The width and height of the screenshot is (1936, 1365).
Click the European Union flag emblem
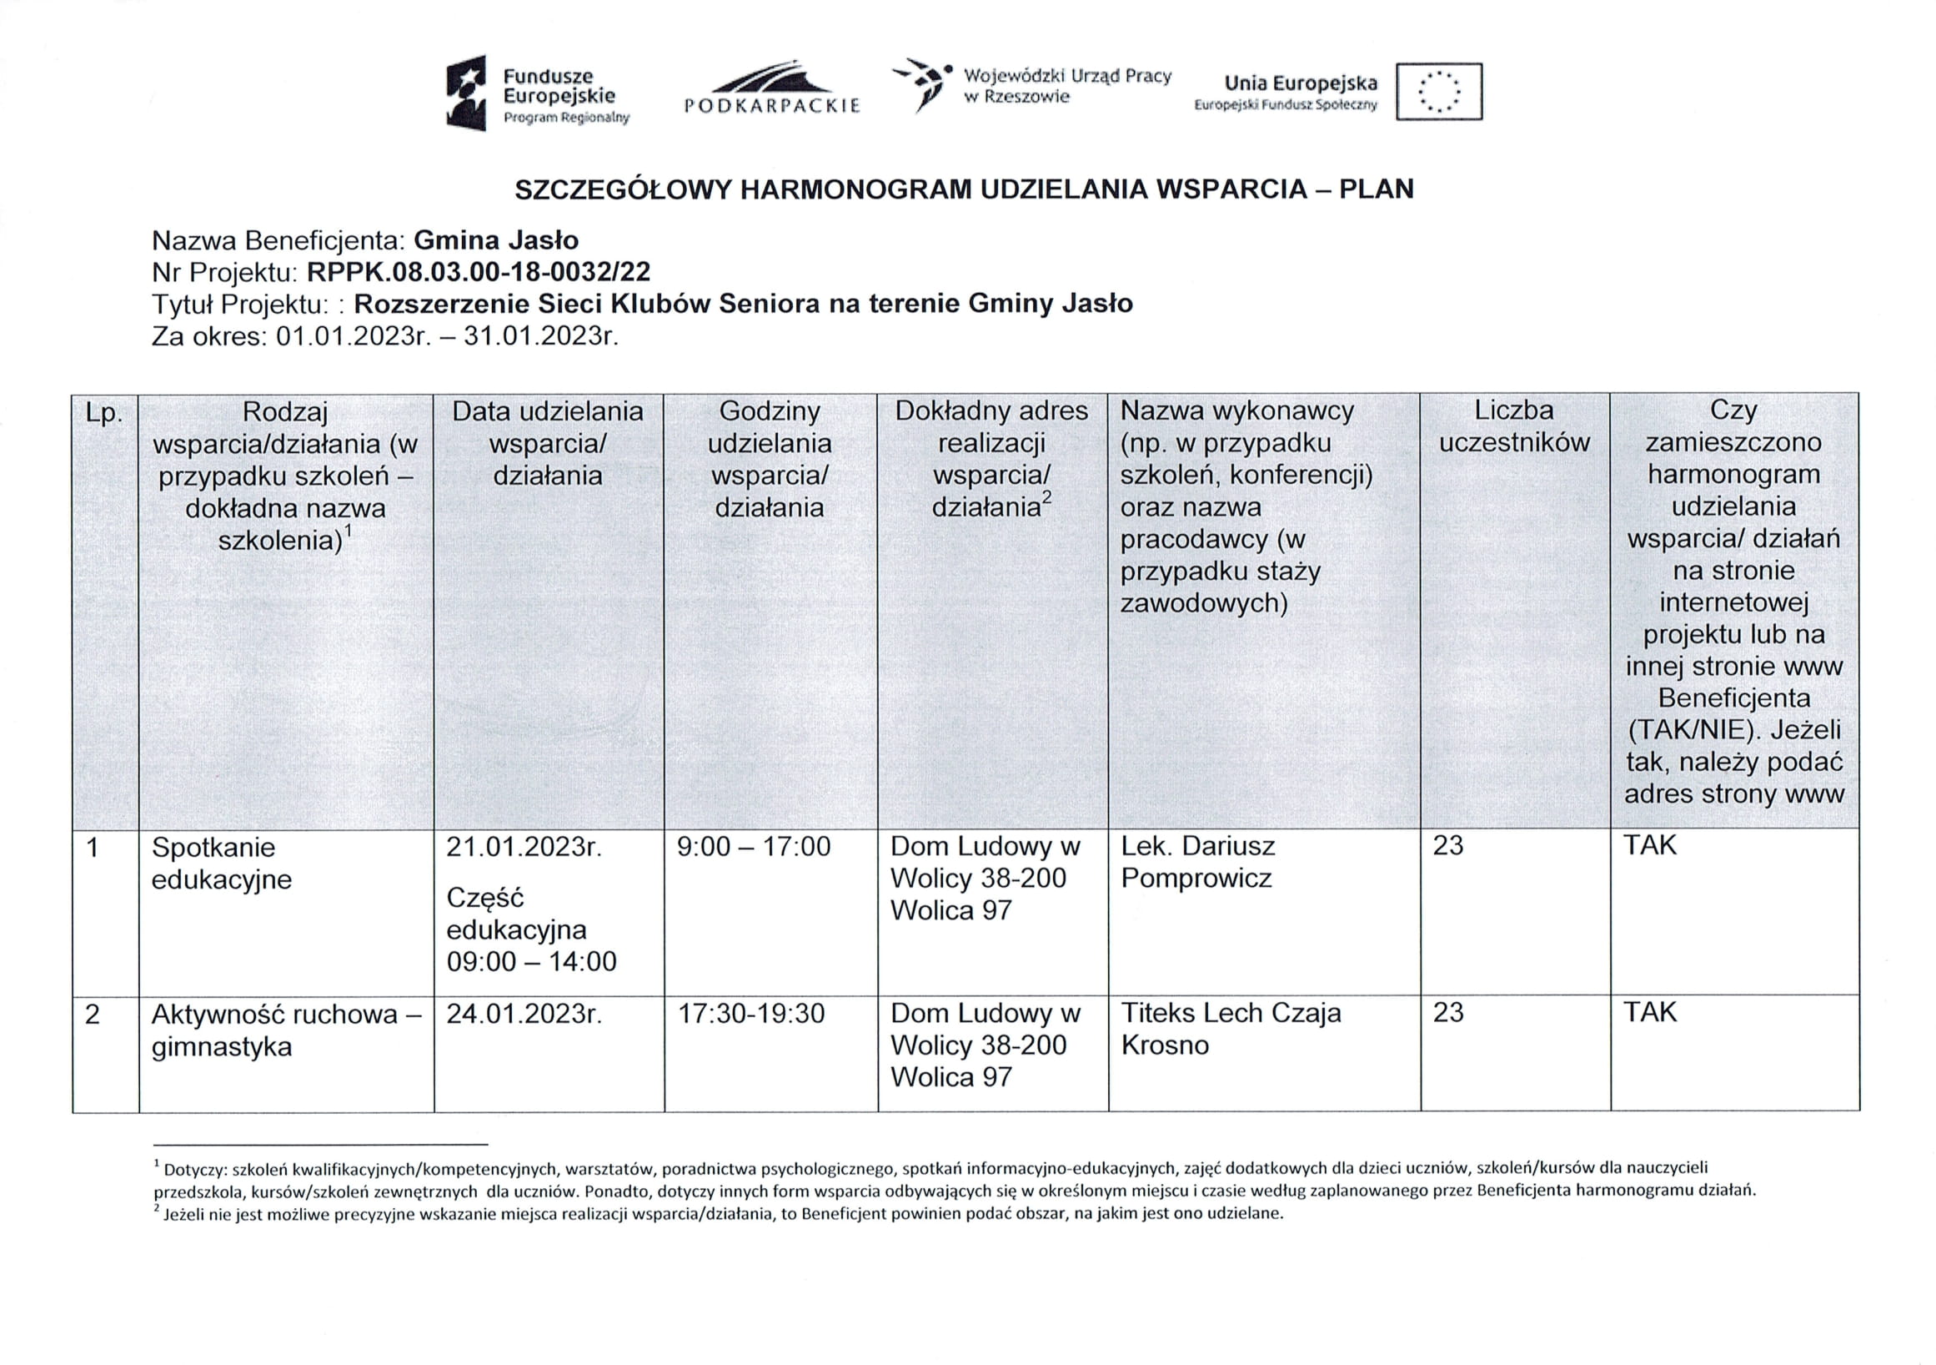pyautogui.click(x=1438, y=91)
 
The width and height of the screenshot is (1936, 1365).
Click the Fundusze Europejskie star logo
pyautogui.click(x=466, y=93)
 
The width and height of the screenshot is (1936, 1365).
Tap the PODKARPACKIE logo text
pyautogui.click(x=771, y=105)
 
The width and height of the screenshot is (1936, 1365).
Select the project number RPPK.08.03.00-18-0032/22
pyautogui.click(x=478, y=272)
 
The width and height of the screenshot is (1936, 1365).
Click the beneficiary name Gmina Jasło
pyautogui.click(x=496, y=240)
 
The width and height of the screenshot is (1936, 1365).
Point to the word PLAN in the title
pyautogui.click(x=1376, y=189)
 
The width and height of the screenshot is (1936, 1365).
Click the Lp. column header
pyautogui.click(x=104, y=413)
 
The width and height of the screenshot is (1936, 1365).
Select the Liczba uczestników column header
pyautogui.click(x=1513, y=426)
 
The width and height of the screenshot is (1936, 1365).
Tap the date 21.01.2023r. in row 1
pyautogui.click(x=524, y=846)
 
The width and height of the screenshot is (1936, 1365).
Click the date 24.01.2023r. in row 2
pyautogui.click(x=524, y=1013)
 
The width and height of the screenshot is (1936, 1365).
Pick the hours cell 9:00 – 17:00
pyautogui.click(x=753, y=846)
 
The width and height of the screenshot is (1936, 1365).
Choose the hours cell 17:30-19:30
pyautogui.click(x=751, y=1013)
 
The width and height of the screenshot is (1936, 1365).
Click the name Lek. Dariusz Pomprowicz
pyautogui.click(x=1197, y=861)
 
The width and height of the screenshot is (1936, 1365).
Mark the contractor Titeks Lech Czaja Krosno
pyautogui.click(x=1231, y=1029)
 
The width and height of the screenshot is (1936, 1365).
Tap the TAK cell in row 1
pyautogui.click(x=1649, y=845)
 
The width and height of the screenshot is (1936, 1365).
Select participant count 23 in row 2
pyautogui.click(x=1447, y=1012)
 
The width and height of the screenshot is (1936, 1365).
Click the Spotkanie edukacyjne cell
pyautogui.click(x=221, y=863)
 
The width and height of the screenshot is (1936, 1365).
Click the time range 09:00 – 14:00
pyautogui.click(x=531, y=962)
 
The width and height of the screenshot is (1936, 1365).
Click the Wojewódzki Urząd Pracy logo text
pyautogui.click(x=1066, y=86)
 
